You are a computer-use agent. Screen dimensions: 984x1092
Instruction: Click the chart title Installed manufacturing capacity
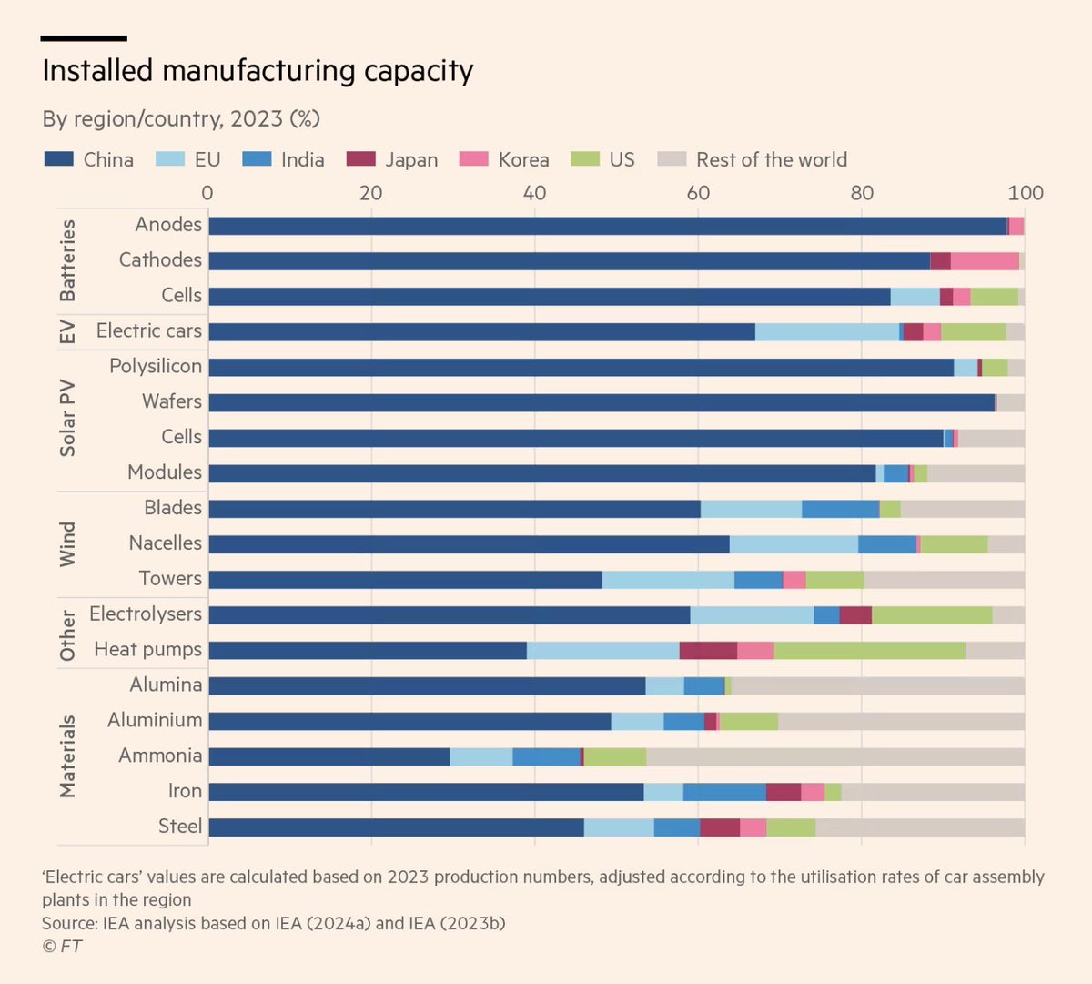pos(258,71)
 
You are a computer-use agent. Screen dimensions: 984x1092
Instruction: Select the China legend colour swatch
pos(59,159)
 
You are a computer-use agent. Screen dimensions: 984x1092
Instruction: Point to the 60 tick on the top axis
pos(698,193)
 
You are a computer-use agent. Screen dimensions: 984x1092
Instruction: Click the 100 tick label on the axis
pos(1026,193)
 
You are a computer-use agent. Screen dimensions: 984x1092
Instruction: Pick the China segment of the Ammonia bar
pos(329,756)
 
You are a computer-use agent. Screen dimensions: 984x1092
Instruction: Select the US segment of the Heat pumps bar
pos(869,650)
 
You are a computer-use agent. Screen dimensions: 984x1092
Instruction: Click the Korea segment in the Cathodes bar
pos(985,261)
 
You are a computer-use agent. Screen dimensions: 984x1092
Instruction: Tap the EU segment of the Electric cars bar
pos(826,332)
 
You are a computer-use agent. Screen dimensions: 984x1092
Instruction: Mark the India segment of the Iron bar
pos(724,792)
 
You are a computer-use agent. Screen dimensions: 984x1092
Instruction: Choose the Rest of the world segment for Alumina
pos(877,685)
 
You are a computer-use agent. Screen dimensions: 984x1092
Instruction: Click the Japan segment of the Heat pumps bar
pos(708,650)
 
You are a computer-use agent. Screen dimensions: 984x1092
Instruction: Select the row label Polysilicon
pos(156,366)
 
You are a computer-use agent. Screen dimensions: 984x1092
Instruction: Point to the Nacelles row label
pos(165,543)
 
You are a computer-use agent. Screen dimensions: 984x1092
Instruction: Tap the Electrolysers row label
pos(146,614)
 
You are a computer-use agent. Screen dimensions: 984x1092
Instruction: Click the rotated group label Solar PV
pos(67,419)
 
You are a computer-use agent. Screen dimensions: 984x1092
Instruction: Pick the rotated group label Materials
pos(67,756)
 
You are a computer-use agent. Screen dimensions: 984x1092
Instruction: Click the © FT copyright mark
pos(62,947)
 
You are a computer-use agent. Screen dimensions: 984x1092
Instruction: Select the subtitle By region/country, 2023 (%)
pos(181,118)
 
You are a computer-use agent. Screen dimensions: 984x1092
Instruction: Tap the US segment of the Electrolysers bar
pos(932,614)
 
